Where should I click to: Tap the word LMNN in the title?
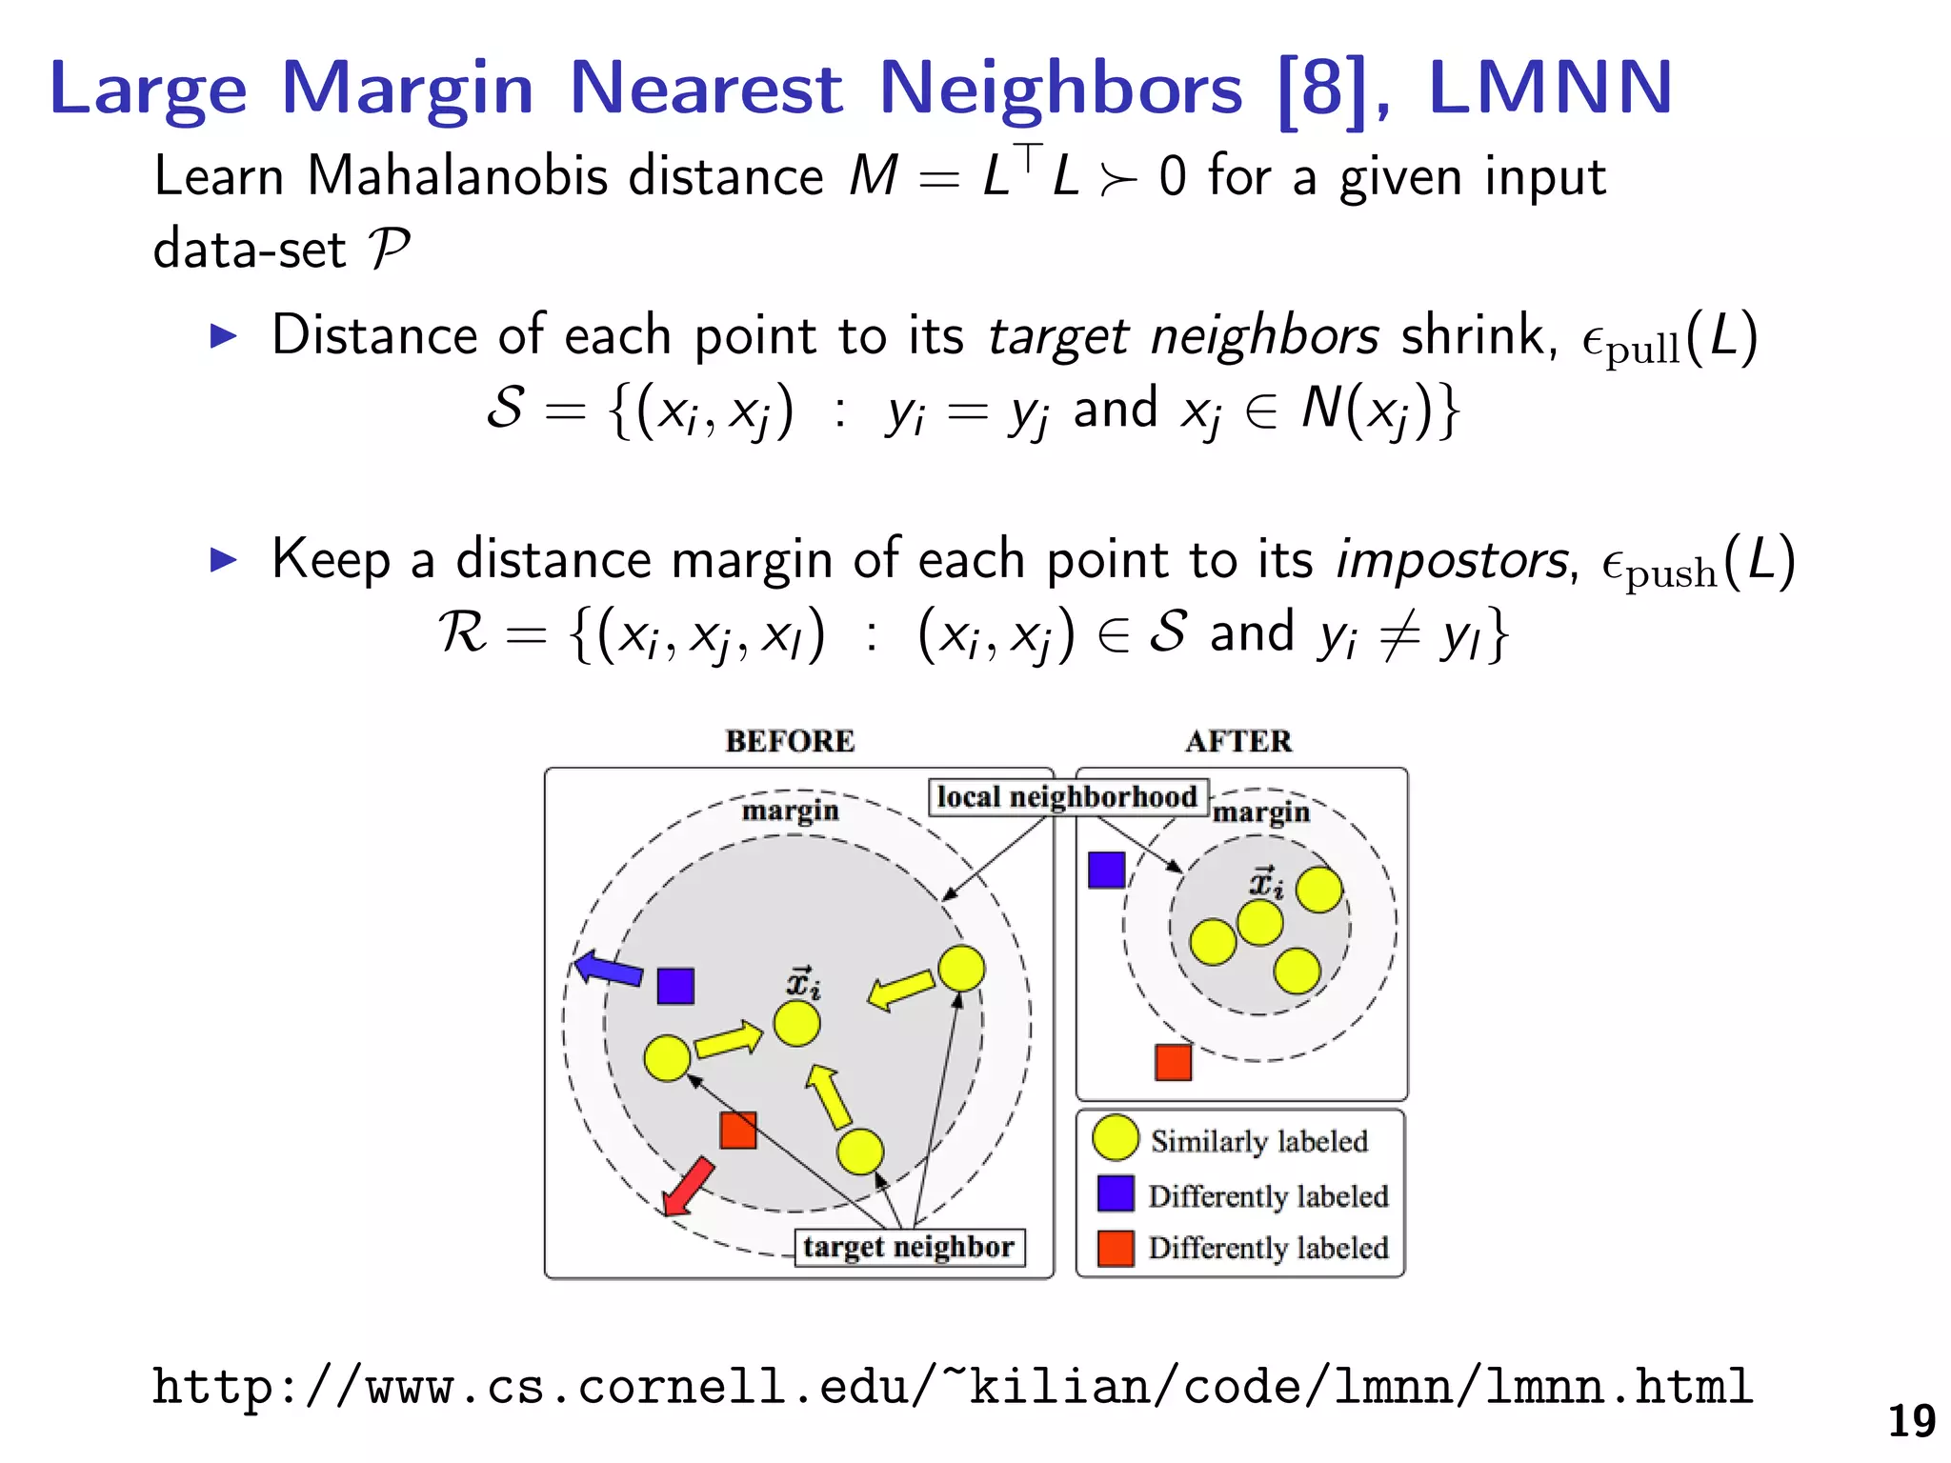(x=1550, y=88)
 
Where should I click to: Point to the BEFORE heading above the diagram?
(x=790, y=741)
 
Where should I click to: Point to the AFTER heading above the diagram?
(x=1238, y=741)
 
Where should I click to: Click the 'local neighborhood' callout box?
(x=1067, y=796)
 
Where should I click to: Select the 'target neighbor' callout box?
(x=909, y=1247)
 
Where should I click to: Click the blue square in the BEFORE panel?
(x=675, y=986)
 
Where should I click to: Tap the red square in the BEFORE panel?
(x=738, y=1131)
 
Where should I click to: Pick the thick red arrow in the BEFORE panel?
(x=688, y=1187)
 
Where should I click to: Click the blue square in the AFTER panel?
(x=1106, y=870)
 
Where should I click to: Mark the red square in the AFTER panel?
(x=1173, y=1062)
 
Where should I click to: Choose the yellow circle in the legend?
(x=1116, y=1138)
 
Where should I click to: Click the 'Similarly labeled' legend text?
(x=1258, y=1141)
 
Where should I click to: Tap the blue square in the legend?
(x=1116, y=1193)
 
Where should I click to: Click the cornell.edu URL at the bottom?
(x=953, y=1387)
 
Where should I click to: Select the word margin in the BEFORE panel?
(x=790, y=811)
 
